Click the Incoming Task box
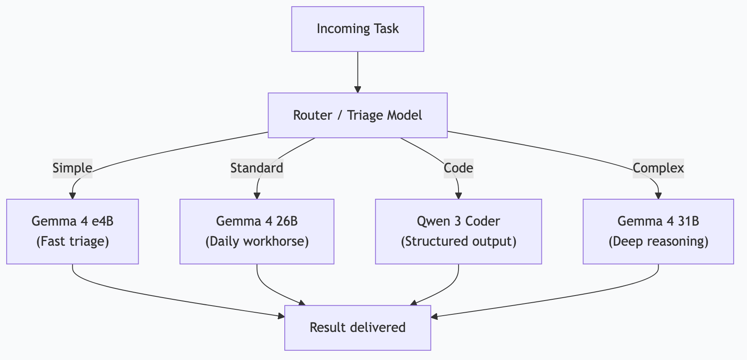pos(358,29)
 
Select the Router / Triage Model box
pos(358,115)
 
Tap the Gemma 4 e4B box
pos(72,231)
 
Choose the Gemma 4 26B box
pos(257,231)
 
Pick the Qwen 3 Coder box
pos(459,231)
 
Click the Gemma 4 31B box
pos(658,231)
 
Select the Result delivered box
pos(358,327)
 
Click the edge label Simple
pos(72,168)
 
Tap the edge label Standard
pos(257,168)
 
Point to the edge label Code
pos(459,168)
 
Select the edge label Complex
pos(658,168)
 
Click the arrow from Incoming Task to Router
pos(358,71)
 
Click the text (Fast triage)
pos(72,242)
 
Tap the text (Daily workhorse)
pos(257,242)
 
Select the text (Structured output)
pos(459,242)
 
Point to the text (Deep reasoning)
pos(658,242)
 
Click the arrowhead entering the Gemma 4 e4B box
pos(72,195)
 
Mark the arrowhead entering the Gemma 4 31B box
pos(658,195)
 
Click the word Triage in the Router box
pos(364,115)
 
